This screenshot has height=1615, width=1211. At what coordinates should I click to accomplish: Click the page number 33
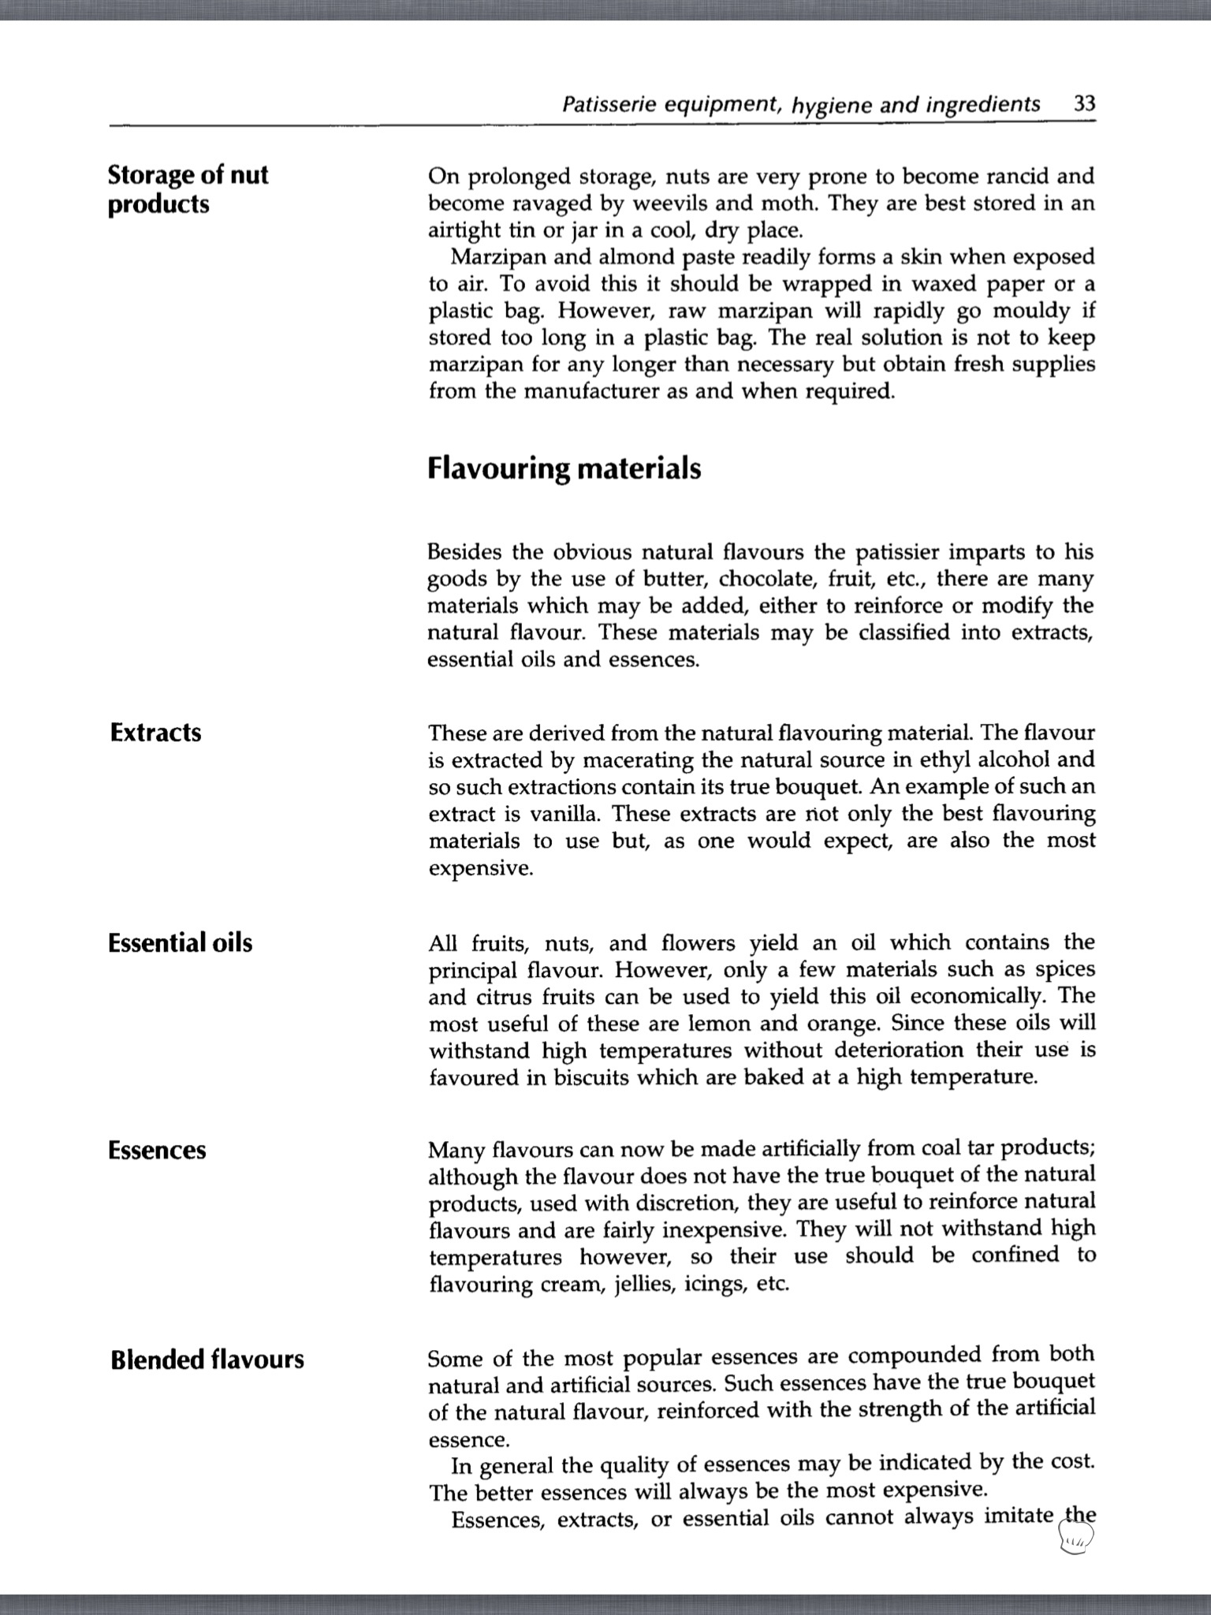(1084, 105)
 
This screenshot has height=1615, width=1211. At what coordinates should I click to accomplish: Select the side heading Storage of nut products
(188, 189)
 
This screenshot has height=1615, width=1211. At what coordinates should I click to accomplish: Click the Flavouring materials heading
(564, 468)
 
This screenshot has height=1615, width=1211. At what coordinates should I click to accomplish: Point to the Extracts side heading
(155, 733)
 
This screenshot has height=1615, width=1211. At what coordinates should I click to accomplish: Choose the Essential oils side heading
(181, 943)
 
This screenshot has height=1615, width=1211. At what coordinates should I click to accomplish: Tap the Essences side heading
(157, 1151)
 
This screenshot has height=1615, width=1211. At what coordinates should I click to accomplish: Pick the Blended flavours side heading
(207, 1360)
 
